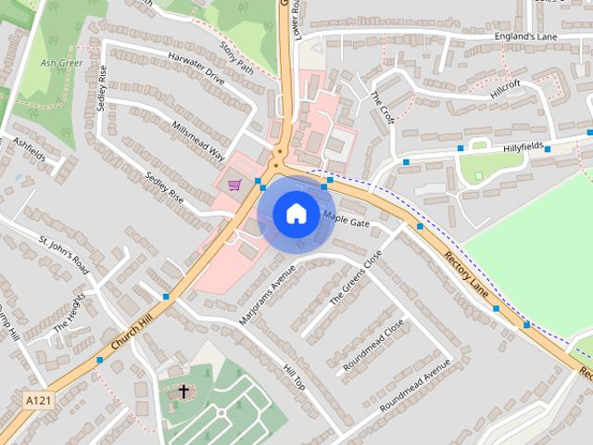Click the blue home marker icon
[x=296, y=213]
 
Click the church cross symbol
[x=183, y=391]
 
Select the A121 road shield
[x=35, y=400]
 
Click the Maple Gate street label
[x=347, y=219]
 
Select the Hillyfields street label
[x=504, y=146]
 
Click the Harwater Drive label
[x=196, y=68]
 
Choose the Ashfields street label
[x=30, y=150]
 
